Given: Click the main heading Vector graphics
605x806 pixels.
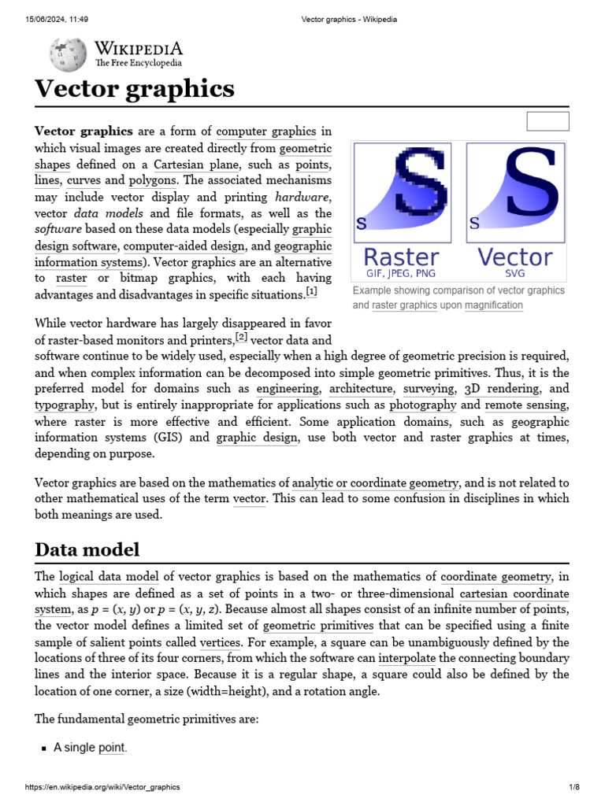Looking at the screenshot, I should [135, 88].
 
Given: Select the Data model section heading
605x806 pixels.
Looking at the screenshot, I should [87, 549].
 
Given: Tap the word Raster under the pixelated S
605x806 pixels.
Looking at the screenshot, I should [401, 257].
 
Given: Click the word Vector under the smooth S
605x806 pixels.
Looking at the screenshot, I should [515, 257].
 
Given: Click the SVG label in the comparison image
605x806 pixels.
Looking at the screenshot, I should [515, 273].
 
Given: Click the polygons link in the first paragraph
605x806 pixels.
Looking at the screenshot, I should [154, 180].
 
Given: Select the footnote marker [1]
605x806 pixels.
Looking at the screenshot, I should [311, 293].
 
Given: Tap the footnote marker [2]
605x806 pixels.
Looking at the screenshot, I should [241, 338].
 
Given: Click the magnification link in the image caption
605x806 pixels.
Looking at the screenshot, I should [493, 305].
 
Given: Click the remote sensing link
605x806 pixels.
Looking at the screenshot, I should [525, 405].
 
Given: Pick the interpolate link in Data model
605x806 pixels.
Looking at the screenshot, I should [406, 658].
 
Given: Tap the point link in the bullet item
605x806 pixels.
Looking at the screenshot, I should [111, 748].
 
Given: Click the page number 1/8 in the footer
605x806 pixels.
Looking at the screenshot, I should [574, 787].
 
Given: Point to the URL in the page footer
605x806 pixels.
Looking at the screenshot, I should [102, 787].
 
